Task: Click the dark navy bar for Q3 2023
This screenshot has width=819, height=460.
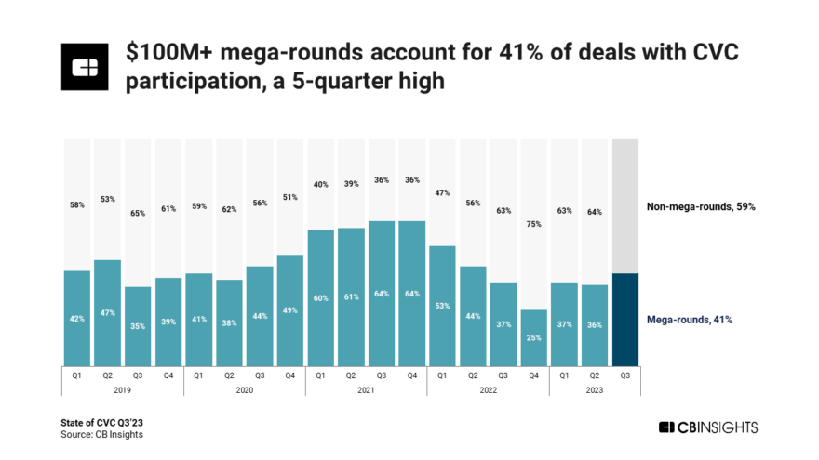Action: (x=625, y=319)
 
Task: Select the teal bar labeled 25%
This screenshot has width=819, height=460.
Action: (x=533, y=337)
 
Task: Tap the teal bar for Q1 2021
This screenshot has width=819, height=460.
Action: (x=321, y=297)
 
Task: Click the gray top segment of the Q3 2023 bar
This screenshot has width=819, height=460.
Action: (x=625, y=206)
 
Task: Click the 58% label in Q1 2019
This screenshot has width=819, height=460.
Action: (x=77, y=204)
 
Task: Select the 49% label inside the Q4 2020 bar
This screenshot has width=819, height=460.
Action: (x=290, y=309)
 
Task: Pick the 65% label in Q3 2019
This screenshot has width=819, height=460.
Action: (x=138, y=213)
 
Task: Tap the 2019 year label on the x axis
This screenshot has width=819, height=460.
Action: (x=123, y=391)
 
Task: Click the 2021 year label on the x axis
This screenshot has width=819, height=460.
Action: (x=366, y=391)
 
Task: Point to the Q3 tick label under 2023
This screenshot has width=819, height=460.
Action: (x=625, y=376)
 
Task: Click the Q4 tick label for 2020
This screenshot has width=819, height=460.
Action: (x=290, y=376)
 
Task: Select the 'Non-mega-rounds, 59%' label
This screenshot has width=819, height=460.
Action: (x=701, y=206)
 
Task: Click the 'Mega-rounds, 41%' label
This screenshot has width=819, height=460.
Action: (x=690, y=319)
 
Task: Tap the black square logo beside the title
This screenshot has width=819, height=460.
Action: (x=86, y=68)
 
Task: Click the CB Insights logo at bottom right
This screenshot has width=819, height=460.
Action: (x=708, y=427)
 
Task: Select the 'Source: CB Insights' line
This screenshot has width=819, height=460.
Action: (x=101, y=434)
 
